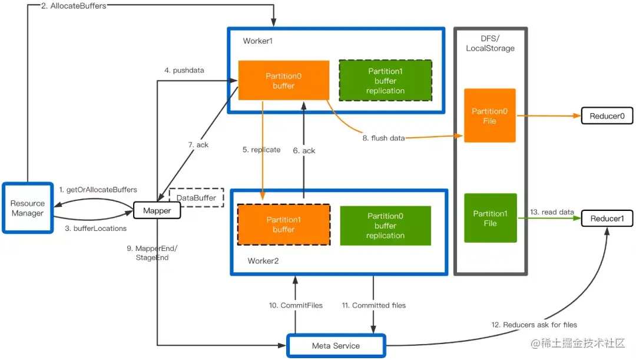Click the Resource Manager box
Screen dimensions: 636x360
pyautogui.click(x=28, y=208)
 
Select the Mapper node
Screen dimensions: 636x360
pyautogui.click(x=157, y=211)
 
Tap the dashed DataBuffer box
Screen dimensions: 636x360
pyautogui.click(x=196, y=197)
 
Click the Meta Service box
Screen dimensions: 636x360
pyautogui.click(x=336, y=346)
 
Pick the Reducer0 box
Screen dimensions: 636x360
pyautogui.click(x=607, y=116)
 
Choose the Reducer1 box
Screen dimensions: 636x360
pyautogui.click(x=607, y=219)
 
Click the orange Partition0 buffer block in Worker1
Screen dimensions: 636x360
pyautogui.click(x=283, y=80)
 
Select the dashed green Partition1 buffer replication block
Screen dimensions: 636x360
pyautogui.click(x=385, y=80)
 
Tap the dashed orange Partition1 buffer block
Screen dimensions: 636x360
pyautogui.click(x=283, y=224)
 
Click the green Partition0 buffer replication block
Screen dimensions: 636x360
pyautogui.click(x=385, y=226)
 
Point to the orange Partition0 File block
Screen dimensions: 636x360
pyautogui.click(x=489, y=115)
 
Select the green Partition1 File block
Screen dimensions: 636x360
pyautogui.click(x=490, y=218)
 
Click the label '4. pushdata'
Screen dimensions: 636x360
pyautogui.click(x=184, y=70)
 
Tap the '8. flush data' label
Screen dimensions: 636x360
pyautogui.click(x=383, y=138)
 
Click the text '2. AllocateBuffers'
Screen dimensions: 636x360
pyautogui.click(x=74, y=6)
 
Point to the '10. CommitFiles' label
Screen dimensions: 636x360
pyautogui.click(x=296, y=305)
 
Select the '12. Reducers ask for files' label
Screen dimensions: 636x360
pyautogui.click(x=534, y=325)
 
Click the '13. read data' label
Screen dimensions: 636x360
pyautogui.click(x=552, y=212)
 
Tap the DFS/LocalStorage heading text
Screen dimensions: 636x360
pyautogui.click(x=490, y=44)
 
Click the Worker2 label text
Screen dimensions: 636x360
pyautogui.click(x=263, y=261)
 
